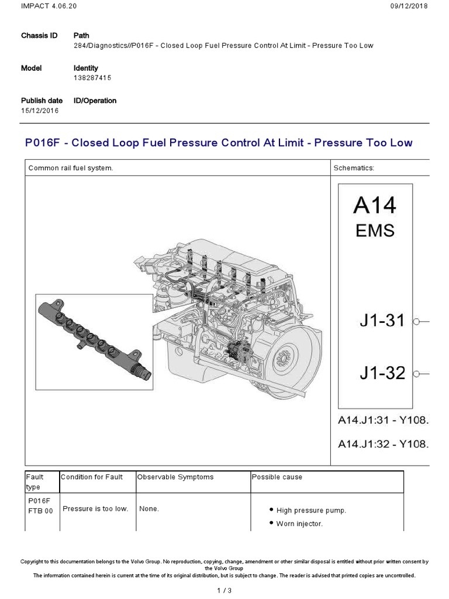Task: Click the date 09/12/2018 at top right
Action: pos(408,6)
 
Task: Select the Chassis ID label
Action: pos(39,36)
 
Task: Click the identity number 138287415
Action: pos(92,77)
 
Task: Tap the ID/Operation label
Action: pos(95,101)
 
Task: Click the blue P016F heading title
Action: pos(219,143)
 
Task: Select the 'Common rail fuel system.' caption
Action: pos(71,168)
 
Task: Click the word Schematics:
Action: pos(353,168)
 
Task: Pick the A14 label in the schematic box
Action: pos(375,206)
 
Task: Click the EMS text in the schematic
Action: pos(375,230)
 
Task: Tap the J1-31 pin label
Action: pos(382,321)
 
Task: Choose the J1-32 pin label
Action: pos(382,373)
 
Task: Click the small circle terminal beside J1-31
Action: pos(416,322)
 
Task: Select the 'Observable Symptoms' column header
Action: pos(175,477)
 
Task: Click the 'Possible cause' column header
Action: pos(277,477)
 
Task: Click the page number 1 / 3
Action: pos(224,590)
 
